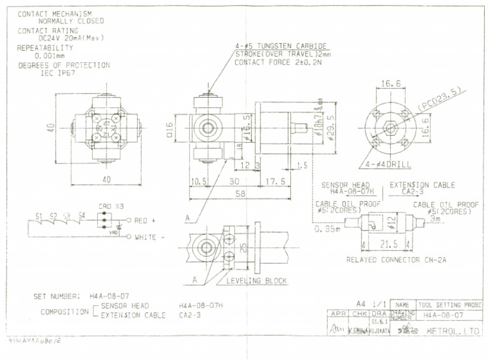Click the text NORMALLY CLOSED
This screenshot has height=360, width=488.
(x=71, y=21)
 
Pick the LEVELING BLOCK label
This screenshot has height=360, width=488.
(x=257, y=280)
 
